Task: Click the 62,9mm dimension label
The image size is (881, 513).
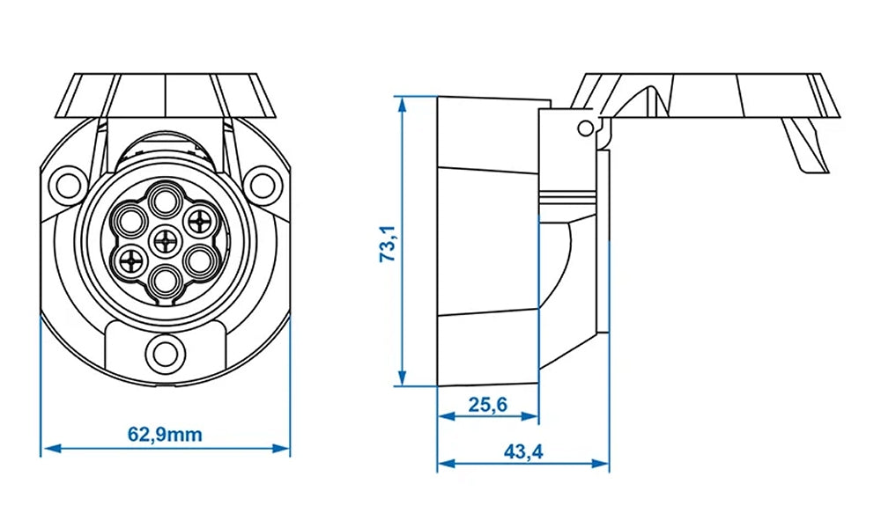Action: coord(166,435)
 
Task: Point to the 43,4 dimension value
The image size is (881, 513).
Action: coord(522,451)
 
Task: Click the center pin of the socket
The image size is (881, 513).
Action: coord(165,238)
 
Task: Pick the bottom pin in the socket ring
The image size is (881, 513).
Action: coord(165,279)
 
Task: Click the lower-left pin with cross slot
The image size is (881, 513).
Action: coord(131,260)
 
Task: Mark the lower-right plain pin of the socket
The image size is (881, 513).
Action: coord(199,260)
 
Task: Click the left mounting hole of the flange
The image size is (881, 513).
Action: coord(66,184)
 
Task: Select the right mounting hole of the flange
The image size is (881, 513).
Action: coord(263,184)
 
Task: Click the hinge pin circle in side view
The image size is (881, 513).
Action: coord(585,128)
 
